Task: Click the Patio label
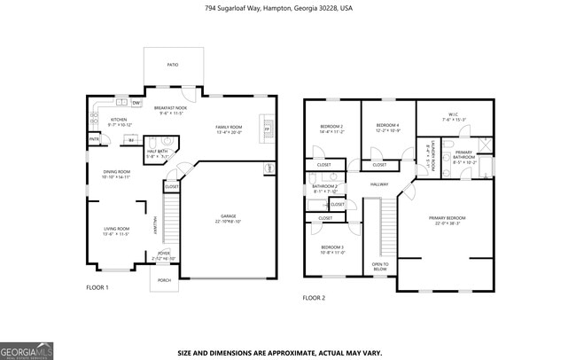tap(173, 65)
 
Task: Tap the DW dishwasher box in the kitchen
tap(136, 103)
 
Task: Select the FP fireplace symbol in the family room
tap(266, 129)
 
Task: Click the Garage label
tap(228, 217)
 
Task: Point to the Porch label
tap(164, 280)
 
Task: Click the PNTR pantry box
tap(93, 139)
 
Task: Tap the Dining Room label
tap(116, 175)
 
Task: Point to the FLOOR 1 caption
tap(97, 288)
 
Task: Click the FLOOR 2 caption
tap(315, 298)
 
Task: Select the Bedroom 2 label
tap(331, 129)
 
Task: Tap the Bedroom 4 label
tap(387, 127)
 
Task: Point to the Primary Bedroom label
tap(448, 220)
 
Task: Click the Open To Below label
tap(380, 266)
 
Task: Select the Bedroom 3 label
tap(331, 249)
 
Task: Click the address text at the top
tap(278, 7)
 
